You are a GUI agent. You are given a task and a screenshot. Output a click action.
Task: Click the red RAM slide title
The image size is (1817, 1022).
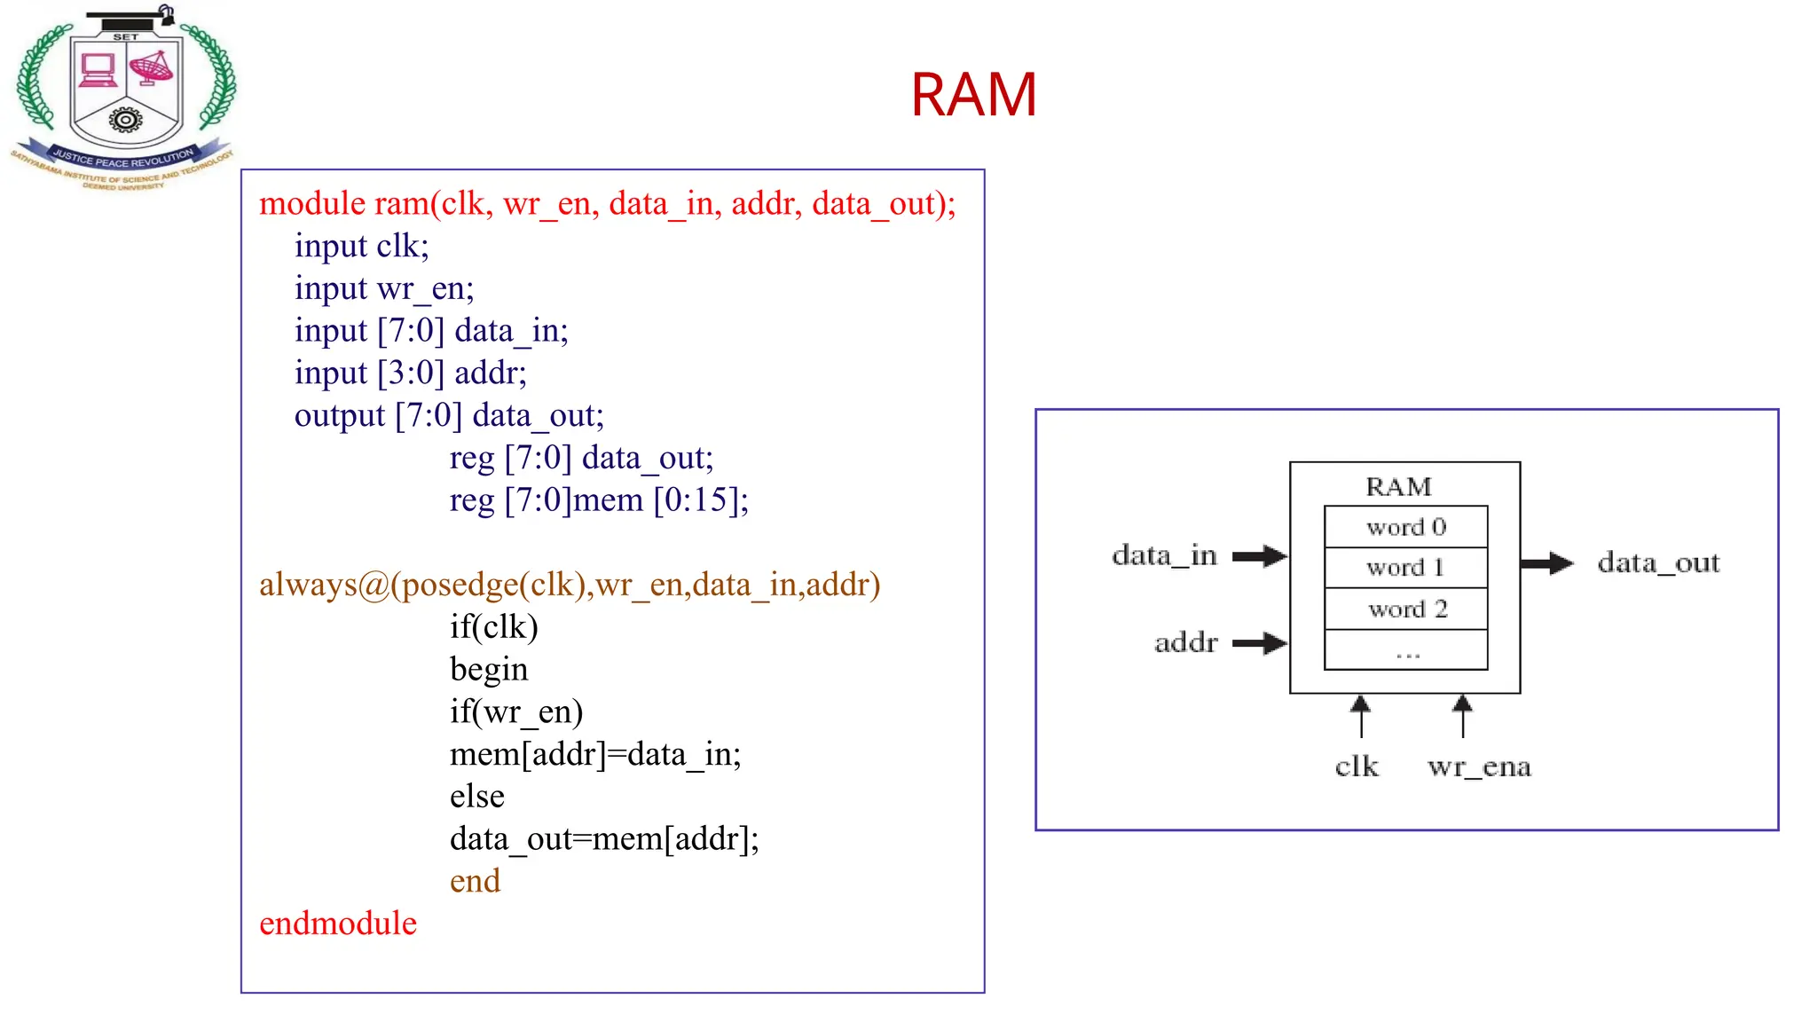[x=973, y=95]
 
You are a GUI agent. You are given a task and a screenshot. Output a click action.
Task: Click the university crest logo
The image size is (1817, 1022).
[x=124, y=98]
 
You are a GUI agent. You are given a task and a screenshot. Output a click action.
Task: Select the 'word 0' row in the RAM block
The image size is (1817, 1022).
[x=1405, y=527]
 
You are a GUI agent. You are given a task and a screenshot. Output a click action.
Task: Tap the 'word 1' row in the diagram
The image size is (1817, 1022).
[x=1405, y=568]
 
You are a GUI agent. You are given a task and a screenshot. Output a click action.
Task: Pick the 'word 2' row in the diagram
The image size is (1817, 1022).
[x=1405, y=609]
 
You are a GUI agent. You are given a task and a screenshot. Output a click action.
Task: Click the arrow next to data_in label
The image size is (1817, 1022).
[x=1260, y=556]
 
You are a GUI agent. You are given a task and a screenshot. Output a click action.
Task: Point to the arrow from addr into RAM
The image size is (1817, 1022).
[x=1260, y=643]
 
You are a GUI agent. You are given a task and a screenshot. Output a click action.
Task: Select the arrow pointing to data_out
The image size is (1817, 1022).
[x=1546, y=563]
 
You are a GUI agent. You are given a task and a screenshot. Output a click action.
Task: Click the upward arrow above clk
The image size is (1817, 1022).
[x=1360, y=716]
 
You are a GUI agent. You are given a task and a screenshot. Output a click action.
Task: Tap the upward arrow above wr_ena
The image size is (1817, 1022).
[x=1463, y=716]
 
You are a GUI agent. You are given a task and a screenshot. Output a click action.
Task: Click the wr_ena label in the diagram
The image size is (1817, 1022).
[x=1479, y=766]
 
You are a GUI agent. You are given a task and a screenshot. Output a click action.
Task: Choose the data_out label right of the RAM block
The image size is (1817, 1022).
[x=1658, y=563]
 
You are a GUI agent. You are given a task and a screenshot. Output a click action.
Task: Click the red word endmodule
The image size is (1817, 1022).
[x=337, y=924]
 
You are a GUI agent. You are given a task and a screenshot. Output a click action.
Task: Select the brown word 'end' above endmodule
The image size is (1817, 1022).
[x=475, y=881]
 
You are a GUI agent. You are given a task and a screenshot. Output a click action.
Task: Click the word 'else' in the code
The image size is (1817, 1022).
[x=476, y=797]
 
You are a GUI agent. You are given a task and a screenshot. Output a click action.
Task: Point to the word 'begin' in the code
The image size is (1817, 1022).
[x=489, y=670]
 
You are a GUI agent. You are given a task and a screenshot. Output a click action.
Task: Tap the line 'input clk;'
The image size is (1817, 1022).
[x=361, y=246]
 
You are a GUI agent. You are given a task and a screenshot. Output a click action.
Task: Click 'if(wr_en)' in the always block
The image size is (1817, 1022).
[x=516, y=711]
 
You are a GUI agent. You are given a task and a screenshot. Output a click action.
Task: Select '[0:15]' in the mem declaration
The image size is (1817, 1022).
[x=701, y=500]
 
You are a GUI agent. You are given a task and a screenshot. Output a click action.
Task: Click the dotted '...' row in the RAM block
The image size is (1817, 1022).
[x=1405, y=652]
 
